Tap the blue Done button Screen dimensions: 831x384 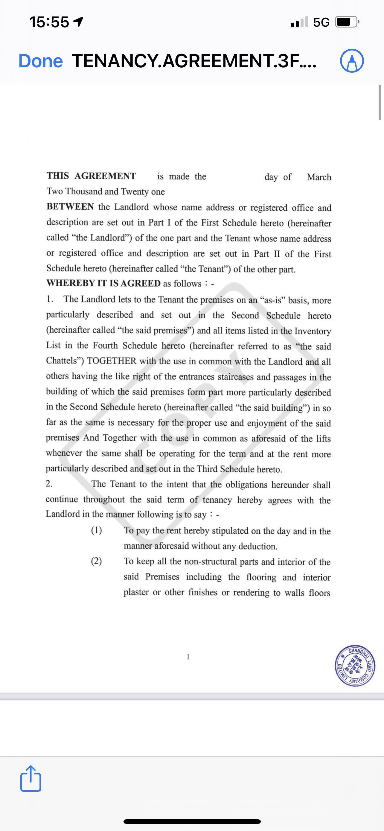point(41,61)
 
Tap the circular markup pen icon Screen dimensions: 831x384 point(352,61)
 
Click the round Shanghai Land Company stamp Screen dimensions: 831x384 point(355,666)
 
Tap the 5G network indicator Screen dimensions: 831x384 point(321,22)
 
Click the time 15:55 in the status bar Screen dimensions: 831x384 point(49,22)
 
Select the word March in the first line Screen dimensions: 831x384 point(319,177)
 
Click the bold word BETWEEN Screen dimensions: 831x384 point(70,206)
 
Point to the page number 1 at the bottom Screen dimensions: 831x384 point(188,657)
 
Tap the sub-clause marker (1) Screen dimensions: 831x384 point(96,530)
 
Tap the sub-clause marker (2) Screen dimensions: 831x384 point(96,561)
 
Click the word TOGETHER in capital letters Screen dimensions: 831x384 point(112,361)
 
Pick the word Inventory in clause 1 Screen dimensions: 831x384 point(313,331)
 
